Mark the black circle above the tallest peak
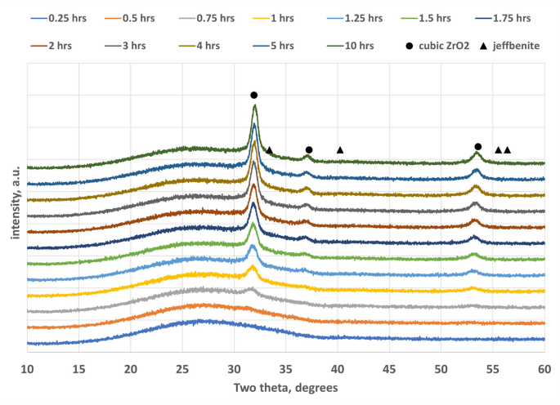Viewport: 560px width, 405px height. [x=254, y=96]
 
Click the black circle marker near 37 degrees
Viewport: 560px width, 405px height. [x=309, y=149]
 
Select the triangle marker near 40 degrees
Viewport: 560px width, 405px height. [x=340, y=149]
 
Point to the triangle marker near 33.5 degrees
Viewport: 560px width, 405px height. [x=270, y=149]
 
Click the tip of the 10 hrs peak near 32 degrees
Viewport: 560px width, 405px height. [x=255, y=105]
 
